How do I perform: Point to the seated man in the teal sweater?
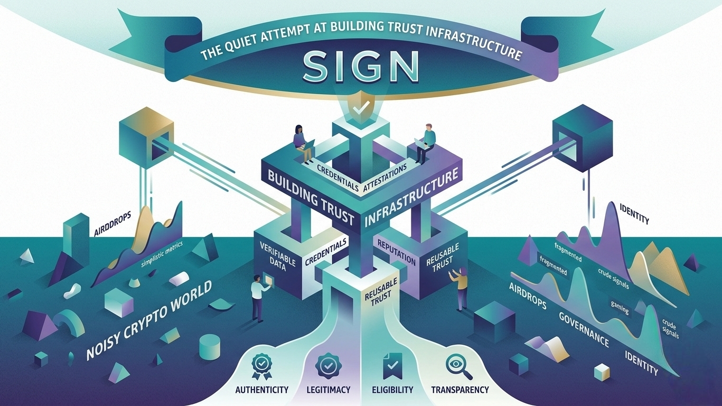(425, 142)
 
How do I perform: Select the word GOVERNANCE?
(583, 328)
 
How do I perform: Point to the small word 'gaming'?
(620, 308)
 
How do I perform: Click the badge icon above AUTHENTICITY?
(261, 364)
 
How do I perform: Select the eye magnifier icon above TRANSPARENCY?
(454, 365)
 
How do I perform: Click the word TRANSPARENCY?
(460, 390)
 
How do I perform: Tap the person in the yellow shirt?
(461, 288)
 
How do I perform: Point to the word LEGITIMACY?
(328, 390)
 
